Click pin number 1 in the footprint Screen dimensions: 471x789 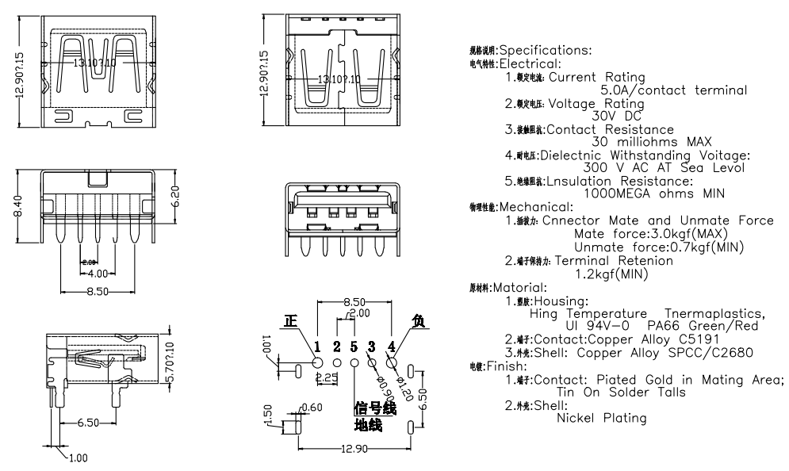(317, 347)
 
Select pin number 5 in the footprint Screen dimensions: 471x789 (354, 347)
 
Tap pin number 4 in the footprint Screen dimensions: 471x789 (392, 347)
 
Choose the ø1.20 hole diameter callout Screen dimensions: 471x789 (404, 385)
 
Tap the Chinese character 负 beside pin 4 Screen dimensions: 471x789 (419, 321)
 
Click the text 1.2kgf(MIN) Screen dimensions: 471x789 (611, 274)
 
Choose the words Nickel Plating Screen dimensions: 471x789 (602, 418)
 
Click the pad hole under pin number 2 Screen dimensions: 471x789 (336, 363)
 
